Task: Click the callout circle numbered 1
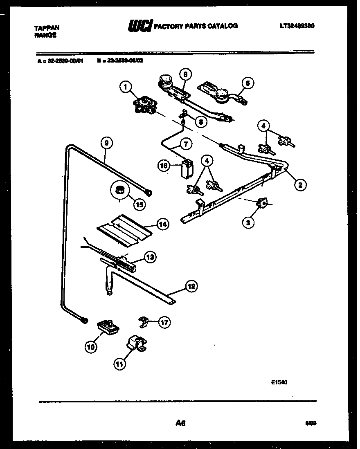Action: click(126, 87)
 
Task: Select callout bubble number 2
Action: click(300, 185)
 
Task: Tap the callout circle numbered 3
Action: click(248, 222)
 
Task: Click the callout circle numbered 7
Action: click(186, 144)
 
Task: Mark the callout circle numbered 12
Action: click(190, 287)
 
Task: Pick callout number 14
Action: click(163, 224)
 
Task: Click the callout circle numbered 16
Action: click(164, 165)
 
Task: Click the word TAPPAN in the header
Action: click(46, 28)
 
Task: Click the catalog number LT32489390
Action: click(297, 26)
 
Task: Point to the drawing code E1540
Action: click(279, 383)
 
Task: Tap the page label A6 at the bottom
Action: click(180, 424)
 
